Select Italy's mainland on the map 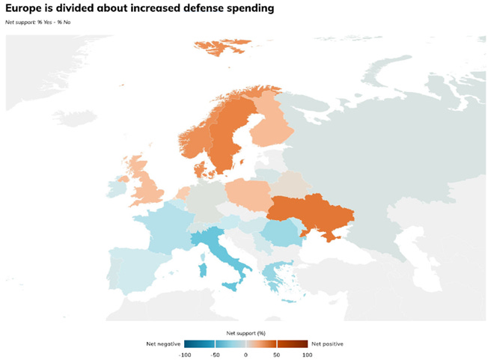point(218,245)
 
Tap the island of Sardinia point(203,269)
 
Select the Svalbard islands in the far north point(222,46)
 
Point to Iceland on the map point(75,118)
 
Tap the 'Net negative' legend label point(163,344)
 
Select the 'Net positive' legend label point(327,344)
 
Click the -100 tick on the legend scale point(185,355)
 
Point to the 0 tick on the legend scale point(245,355)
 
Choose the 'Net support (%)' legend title point(245,333)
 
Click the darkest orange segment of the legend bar point(293,344)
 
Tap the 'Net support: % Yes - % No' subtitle point(38,22)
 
